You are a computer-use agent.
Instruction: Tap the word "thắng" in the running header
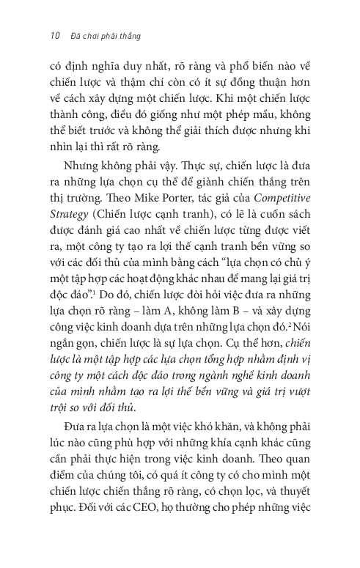point(130,34)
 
